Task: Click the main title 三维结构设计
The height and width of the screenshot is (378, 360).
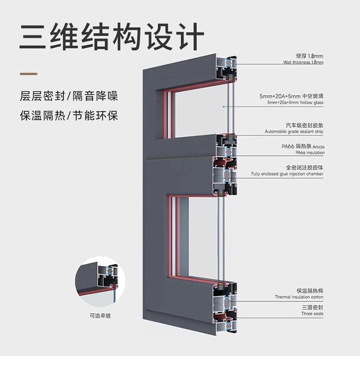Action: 112,36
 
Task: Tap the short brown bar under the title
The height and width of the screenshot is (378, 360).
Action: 28,74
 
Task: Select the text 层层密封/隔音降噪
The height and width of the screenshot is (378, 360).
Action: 69,96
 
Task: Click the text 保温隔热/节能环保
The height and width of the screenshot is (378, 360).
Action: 69,116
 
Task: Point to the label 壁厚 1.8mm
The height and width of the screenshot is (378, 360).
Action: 309,56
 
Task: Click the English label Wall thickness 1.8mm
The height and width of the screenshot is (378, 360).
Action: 303,62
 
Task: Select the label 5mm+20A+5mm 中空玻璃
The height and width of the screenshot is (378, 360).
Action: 292,96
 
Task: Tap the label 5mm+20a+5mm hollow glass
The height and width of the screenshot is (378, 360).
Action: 295,102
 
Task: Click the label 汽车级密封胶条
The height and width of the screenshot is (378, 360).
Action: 304,125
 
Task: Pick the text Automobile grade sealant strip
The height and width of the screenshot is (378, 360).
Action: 294,132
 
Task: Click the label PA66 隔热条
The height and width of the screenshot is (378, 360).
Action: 297,146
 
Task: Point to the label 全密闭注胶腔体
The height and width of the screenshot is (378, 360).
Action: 304,167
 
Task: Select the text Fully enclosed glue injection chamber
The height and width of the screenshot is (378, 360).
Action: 287,174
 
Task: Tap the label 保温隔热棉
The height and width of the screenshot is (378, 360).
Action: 310,291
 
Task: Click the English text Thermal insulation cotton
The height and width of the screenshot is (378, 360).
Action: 299,297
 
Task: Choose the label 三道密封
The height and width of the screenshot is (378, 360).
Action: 313,307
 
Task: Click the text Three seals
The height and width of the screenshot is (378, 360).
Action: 313,314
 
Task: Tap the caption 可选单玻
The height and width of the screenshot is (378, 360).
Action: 100,316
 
